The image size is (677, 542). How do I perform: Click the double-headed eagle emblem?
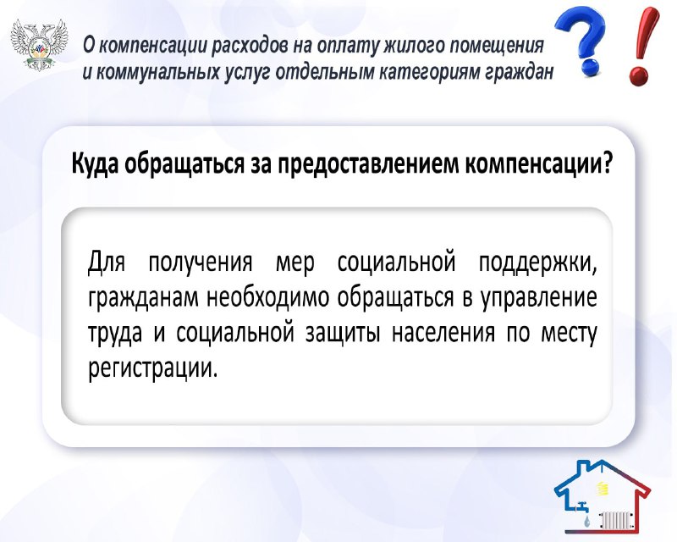[x=40, y=44]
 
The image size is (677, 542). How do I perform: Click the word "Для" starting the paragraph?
[x=107, y=262]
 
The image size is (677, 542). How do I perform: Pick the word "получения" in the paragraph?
[x=201, y=262]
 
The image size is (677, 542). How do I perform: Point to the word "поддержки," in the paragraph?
[x=537, y=262]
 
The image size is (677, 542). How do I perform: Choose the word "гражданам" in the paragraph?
[x=144, y=298]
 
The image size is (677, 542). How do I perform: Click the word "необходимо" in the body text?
[x=268, y=297]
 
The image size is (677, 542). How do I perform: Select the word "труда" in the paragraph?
[x=115, y=334]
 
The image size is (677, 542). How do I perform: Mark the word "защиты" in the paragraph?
[x=344, y=334]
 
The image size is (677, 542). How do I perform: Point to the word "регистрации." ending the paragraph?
[x=151, y=368]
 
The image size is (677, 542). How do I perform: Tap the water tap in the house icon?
[x=583, y=506]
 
